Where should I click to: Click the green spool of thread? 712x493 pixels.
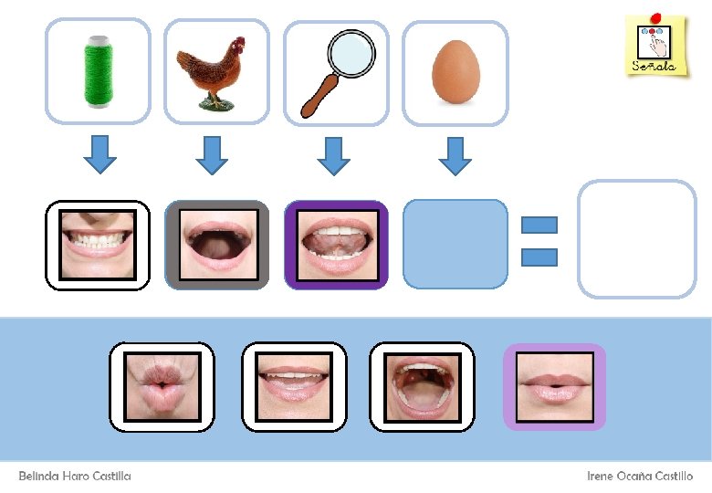point(97,70)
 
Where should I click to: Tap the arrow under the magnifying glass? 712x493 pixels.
point(335,154)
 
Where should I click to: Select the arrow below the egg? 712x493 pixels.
point(455,154)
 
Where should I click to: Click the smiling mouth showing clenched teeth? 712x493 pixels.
point(98,245)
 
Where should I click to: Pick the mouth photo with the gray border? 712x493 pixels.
point(217,245)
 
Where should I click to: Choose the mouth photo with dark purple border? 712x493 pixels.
point(336,245)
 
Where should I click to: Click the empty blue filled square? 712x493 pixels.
point(455,244)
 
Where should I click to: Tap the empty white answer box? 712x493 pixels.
point(637,239)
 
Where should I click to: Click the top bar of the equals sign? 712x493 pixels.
point(539,225)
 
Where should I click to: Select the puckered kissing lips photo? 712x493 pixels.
point(162,386)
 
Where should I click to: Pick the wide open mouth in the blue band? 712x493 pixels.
point(422,386)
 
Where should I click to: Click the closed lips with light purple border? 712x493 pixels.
point(554,386)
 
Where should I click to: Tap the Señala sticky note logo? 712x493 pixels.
point(655,45)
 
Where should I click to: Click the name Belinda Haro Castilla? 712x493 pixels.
point(75,477)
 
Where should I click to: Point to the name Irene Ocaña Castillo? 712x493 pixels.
point(639,477)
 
